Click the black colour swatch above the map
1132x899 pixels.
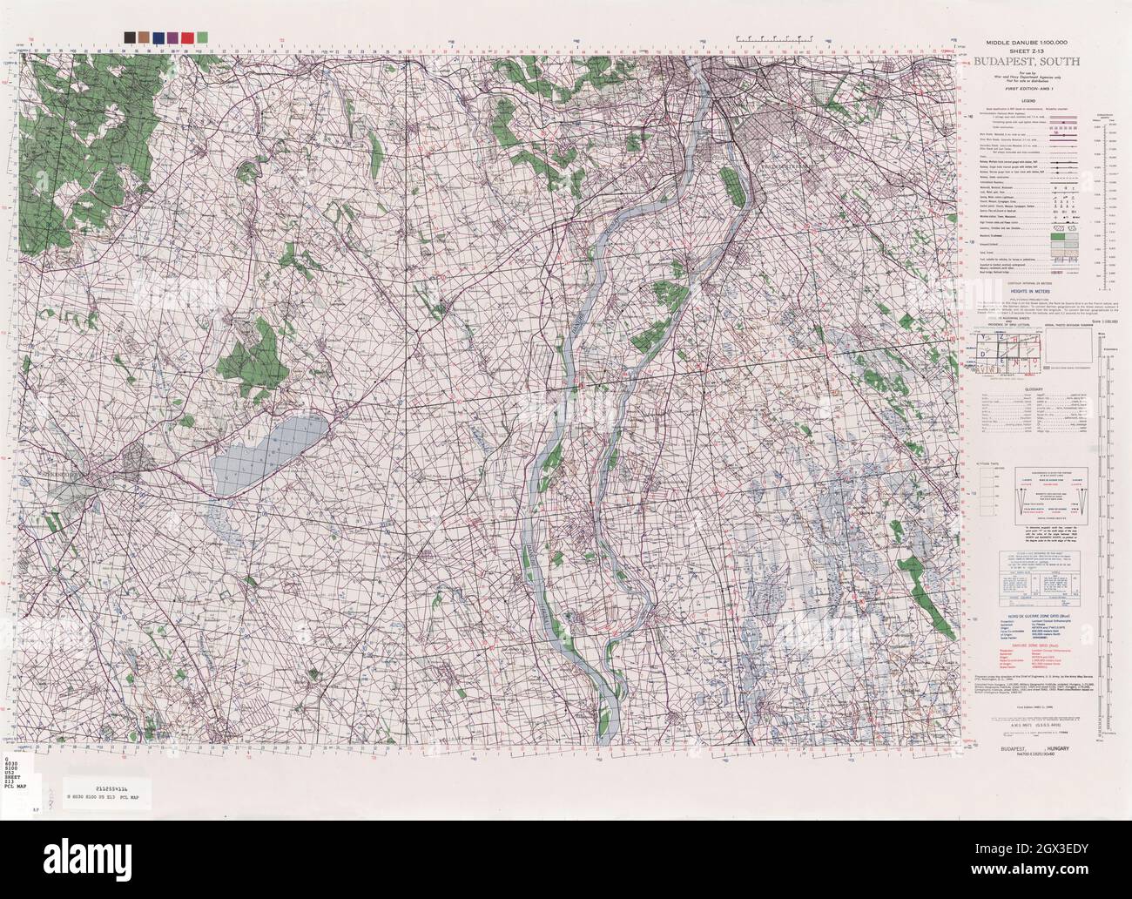point(129,37)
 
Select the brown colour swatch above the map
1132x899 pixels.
point(143,37)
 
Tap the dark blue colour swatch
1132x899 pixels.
point(158,37)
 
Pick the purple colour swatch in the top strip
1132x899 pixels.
point(172,37)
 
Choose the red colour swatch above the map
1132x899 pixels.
point(187,37)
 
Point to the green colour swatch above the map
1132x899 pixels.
point(202,37)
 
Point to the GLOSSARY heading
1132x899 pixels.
point(1034,389)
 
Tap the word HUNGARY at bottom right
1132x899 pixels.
point(1058,749)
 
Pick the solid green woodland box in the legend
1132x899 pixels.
point(1060,235)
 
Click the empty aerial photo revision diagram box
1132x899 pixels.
point(1064,348)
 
